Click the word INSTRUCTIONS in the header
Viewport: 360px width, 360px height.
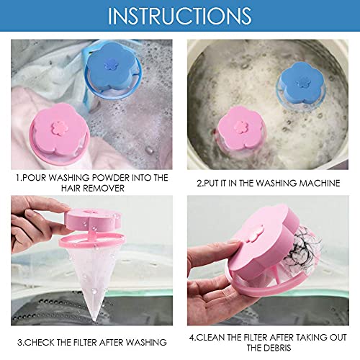click(x=179, y=15)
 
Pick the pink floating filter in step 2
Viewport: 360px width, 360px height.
click(x=244, y=127)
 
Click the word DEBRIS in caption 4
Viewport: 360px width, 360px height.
click(x=271, y=346)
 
